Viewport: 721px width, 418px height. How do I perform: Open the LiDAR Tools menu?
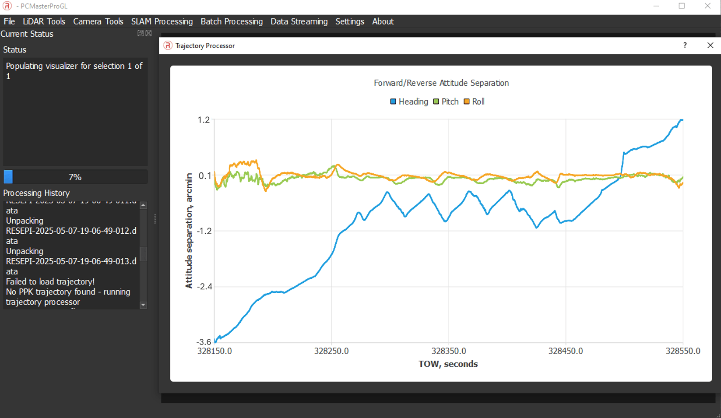coord(44,21)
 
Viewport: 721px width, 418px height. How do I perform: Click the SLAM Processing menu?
coord(162,21)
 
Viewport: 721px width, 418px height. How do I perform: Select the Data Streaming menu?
coord(299,21)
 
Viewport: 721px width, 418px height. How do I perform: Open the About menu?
coord(383,21)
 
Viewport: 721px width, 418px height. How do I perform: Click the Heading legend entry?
coord(409,102)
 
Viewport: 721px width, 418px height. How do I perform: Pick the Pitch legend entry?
coord(446,102)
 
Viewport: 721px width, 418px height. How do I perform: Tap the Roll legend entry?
coord(474,102)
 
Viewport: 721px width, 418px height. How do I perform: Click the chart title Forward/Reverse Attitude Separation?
coord(441,83)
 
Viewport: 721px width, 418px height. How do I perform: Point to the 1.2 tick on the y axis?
coord(204,120)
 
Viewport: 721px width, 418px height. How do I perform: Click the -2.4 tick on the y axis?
coord(204,287)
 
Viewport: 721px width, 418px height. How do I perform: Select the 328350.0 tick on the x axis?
coord(448,351)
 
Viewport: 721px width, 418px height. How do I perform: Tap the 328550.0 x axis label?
coord(682,351)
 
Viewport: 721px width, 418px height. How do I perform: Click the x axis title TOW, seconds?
coord(448,364)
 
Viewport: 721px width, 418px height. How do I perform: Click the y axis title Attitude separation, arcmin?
coord(189,231)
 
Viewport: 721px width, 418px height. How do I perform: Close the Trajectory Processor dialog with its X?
coord(710,46)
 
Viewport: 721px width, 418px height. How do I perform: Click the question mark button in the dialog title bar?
coord(685,46)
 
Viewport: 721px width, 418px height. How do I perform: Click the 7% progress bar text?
coord(75,177)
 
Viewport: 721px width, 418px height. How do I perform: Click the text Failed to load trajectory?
coord(50,281)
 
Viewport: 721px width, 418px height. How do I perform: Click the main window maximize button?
coord(682,6)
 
